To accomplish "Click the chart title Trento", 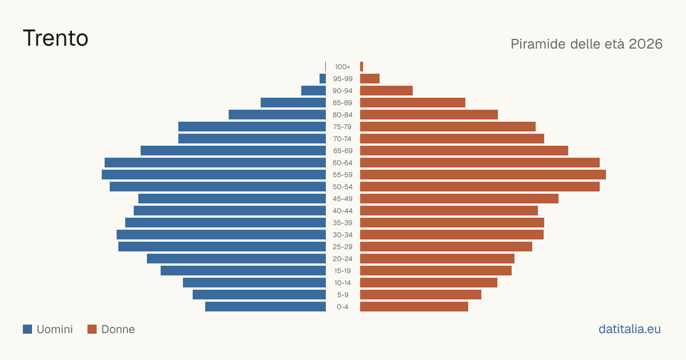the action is coord(55,38).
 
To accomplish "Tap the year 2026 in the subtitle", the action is coord(645,44).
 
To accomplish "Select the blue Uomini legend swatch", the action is coord(27,329).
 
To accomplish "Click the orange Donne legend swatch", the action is coord(92,329).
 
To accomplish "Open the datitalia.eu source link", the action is coord(629,329).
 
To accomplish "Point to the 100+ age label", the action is coord(342,67).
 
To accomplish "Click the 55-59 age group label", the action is coord(342,175).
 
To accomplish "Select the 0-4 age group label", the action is coord(342,307).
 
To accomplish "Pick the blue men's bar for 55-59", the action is coord(214,174).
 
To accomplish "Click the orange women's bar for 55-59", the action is coord(483,174).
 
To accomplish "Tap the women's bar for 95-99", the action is coord(370,79).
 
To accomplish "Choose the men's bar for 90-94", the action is coord(314,91).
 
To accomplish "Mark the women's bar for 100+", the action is coord(362,66).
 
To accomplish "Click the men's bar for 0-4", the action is coord(265,307).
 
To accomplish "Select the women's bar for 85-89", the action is coord(413,102).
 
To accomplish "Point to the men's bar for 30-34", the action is coord(221,234).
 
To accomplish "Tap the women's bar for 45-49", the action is coord(460,199).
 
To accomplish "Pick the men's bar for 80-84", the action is coord(277,114).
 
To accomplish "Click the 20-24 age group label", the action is coord(342,259).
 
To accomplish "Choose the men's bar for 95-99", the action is coord(323,79).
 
